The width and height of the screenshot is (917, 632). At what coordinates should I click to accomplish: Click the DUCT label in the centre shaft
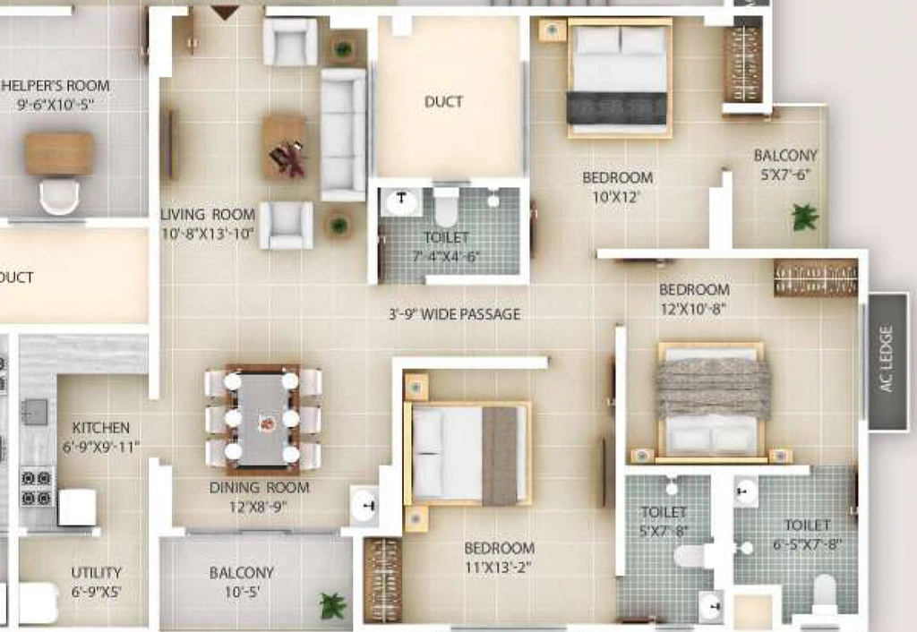pyautogui.click(x=443, y=102)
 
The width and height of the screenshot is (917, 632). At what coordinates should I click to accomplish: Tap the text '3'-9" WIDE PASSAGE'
pyautogui.click(x=454, y=314)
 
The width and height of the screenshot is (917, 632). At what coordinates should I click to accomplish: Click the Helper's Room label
pyautogui.click(x=55, y=85)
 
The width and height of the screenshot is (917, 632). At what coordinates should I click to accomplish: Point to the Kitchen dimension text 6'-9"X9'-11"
pyautogui.click(x=101, y=448)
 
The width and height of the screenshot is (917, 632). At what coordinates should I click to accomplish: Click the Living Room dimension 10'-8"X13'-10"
pyautogui.click(x=208, y=234)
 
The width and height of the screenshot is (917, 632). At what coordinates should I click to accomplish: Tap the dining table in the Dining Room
pyautogui.click(x=261, y=420)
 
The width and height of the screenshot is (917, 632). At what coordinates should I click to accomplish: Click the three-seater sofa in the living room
pyautogui.click(x=343, y=134)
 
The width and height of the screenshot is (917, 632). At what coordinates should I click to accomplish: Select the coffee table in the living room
pyautogui.click(x=284, y=146)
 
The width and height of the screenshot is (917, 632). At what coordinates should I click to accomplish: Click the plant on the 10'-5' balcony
pyautogui.click(x=332, y=606)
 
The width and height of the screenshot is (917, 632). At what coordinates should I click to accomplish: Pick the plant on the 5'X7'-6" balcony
pyautogui.click(x=805, y=217)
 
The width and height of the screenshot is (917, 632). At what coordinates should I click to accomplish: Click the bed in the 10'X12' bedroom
pyautogui.click(x=620, y=78)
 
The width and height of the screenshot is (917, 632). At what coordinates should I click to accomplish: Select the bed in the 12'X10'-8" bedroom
pyautogui.click(x=712, y=402)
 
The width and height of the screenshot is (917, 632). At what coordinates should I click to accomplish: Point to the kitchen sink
pyautogui.click(x=35, y=412)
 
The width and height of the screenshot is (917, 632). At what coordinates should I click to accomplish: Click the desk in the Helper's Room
pyautogui.click(x=58, y=153)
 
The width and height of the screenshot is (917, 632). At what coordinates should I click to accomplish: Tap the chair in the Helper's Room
pyautogui.click(x=59, y=195)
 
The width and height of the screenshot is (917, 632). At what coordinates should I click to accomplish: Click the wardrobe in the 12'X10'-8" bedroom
pyautogui.click(x=816, y=278)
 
